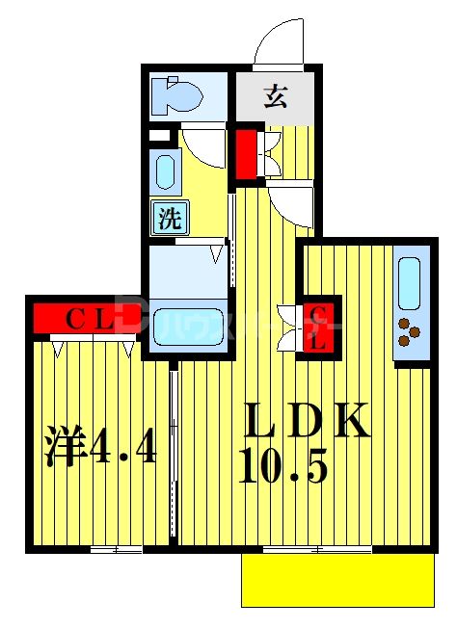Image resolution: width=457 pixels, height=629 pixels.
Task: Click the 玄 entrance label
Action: point(276,95)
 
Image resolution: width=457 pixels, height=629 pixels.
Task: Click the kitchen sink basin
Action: point(409,281)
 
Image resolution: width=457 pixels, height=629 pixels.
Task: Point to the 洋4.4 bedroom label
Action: point(100,447)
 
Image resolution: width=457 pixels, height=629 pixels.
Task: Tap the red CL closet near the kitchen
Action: point(314,326)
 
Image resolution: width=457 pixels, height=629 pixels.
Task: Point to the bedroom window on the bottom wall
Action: point(115,550)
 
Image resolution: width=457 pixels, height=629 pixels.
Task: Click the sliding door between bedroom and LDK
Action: point(174,453)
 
